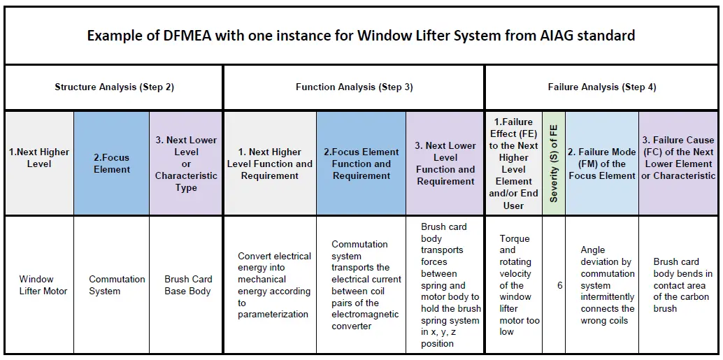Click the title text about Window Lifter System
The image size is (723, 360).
point(361,36)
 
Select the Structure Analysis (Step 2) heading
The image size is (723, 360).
point(114,87)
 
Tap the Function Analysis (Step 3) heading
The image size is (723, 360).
point(354,87)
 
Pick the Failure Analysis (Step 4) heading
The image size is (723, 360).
point(601,87)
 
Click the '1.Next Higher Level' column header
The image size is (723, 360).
point(39,158)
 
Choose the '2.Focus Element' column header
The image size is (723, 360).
point(112,164)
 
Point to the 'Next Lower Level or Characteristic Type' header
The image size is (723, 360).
point(186,164)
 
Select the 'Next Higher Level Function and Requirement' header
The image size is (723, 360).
point(270,164)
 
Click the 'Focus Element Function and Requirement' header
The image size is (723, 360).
point(361,164)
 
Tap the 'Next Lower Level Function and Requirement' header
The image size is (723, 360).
point(445,164)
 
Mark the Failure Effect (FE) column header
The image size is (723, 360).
point(513,164)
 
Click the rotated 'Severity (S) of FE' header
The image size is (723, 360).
point(554,164)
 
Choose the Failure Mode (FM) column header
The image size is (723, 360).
point(602,164)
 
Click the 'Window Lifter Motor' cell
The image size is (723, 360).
point(43,285)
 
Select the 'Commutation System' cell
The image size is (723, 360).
point(117,285)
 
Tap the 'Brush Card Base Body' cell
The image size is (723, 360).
point(187,285)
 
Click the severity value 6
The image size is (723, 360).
point(560,285)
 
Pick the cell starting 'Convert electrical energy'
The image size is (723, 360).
point(274,285)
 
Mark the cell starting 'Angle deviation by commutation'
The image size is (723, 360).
point(607,285)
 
